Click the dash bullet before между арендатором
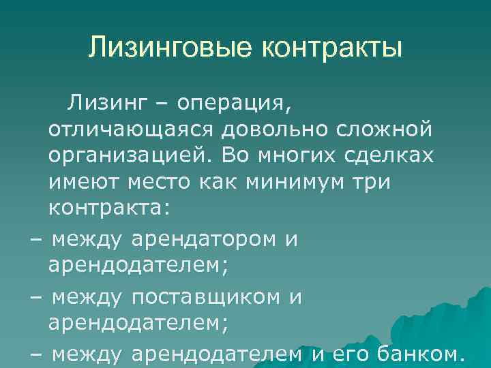tap(35, 240)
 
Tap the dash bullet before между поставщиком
tap(35, 298)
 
